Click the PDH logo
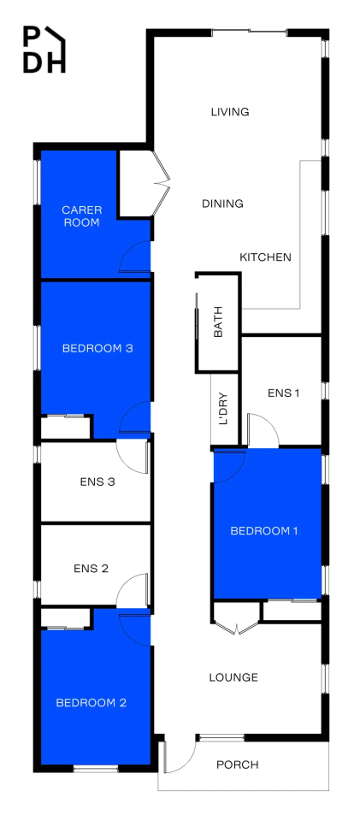(x=44, y=49)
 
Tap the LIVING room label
(x=230, y=112)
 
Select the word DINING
(x=223, y=204)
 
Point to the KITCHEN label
(x=265, y=257)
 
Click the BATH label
(x=219, y=322)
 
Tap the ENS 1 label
(x=283, y=393)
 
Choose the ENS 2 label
(x=91, y=568)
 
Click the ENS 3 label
(x=97, y=481)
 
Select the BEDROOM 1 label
(x=264, y=531)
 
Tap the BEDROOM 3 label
(x=97, y=348)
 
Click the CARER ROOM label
(x=81, y=216)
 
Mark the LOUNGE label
(x=234, y=677)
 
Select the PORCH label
(x=238, y=765)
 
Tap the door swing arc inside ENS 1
(x=263, y=429)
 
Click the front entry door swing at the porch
(x=179, y=756)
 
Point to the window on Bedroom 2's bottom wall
(x=96, y=769)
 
